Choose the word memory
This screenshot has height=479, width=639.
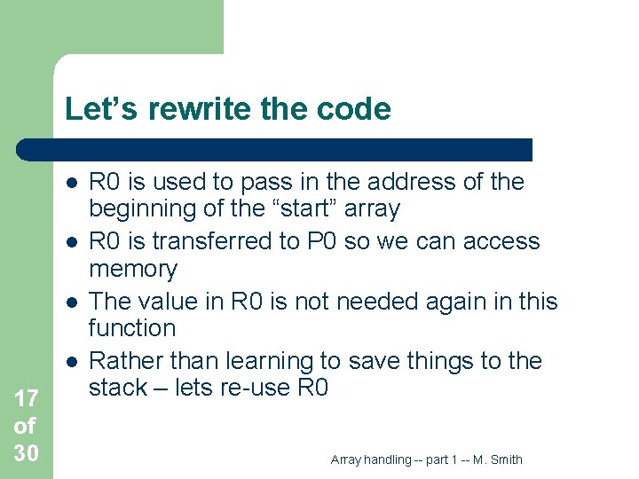click(x=133, y=269)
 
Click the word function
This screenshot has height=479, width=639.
click(x=132, y=328)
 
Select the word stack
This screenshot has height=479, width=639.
click(x=120, y=388)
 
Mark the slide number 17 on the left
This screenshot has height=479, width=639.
click(x=26, y=398)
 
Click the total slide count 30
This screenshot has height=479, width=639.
click(x=26, y=453)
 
